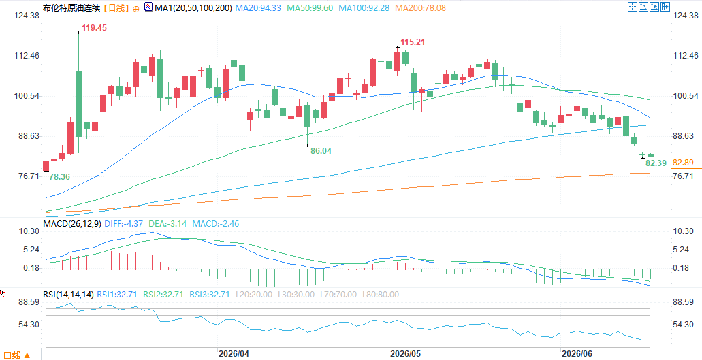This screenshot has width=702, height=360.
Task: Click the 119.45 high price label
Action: coord(94,28)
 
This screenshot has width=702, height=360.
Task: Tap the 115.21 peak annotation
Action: coord(413,42)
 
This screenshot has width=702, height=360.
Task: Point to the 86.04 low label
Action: coord(321,151)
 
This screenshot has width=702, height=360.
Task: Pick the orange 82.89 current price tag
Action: coord(683,163)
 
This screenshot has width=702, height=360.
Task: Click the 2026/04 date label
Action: coord(234,354)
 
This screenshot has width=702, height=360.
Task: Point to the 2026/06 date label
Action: coord(577,354)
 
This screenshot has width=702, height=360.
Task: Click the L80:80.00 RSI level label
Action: coord(379,295)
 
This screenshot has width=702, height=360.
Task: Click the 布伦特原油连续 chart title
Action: coord(66,7)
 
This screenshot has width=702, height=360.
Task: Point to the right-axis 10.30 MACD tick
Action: coord(684,231)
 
